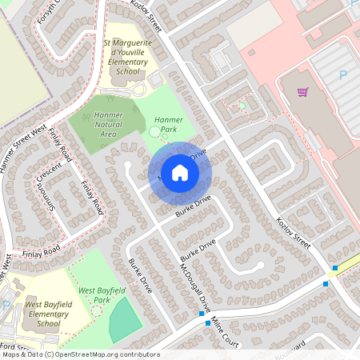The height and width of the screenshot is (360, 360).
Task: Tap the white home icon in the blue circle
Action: (179, 173)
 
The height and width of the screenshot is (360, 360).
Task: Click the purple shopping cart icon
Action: (302, 92)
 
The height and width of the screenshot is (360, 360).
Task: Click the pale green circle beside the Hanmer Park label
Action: (154, 131)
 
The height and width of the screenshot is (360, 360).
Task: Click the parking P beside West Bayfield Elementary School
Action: (6, 306)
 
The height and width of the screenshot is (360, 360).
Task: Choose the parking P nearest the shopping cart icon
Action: (342, 75)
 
